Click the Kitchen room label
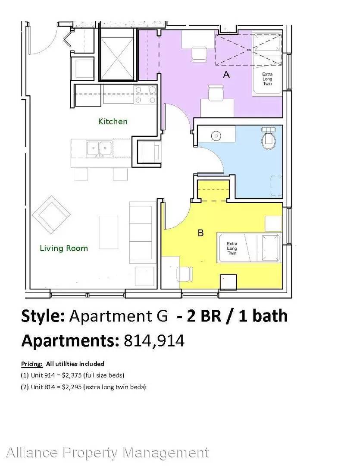pyautogui.click(x=113, y=121)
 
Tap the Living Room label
pyautogui.click(x=64, y=248)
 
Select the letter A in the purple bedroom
pyautogui.click(x=226, y=74)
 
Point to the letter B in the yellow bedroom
pyautogui.click(x=201, y=233)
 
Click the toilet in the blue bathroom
pyautogui.click(x=269, y=138)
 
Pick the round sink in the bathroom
pyautogui.click(x=216, y=136)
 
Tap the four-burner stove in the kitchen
pyautogui.click(x=145, y=94)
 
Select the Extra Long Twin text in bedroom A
pyautogui.click(x=267, y=79)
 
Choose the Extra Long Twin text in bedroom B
pyautogui.click(x=232, y=249)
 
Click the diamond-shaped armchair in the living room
pyautogui.click(x=51, y=214)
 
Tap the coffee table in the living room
pyautogui.click(x=108, y=233)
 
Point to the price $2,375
pyautogui.click(x=72, y=375)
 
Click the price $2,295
pyautogui.click(x=72, y=387)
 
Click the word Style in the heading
pyautogui.click(x=43, y=316)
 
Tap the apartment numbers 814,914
pyautogui.click(x=154, y=341)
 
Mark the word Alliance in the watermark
pyautogui.click(x=32, y=453)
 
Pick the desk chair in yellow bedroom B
pyautogui.click(x=185, y=274)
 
